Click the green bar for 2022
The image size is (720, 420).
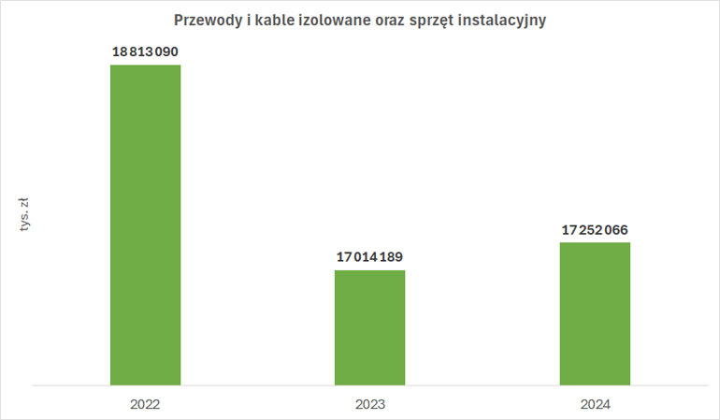click(x=145, y=224)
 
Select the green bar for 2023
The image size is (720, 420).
click(x=369, y=327)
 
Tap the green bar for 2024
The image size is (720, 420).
click(x=595, y=313)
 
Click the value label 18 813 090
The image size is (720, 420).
click(x=145, y=52)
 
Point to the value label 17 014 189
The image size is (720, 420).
click(x=369, y=257)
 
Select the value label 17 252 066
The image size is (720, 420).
click(x=595, y=229)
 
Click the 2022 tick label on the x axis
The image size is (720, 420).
click(x=145, y=405)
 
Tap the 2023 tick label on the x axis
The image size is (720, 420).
click(x=369, y=405)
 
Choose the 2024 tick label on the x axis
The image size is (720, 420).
click(x=595, y=405)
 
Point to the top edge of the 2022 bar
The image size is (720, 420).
click(x=145, y=65)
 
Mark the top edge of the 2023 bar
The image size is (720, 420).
click(x=369, y=270)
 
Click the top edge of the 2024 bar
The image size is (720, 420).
click(x=595, y=243)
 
